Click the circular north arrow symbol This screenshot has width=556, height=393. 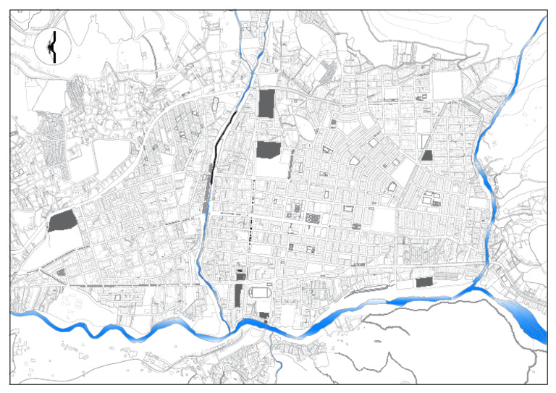[51, 48]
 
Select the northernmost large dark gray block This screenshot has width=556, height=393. [267, 103]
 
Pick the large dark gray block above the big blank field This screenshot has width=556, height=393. [268, 150]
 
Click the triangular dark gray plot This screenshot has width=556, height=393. [427, 155]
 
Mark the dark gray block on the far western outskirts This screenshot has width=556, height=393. [63, 221]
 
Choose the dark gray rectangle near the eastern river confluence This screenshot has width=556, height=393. [424, 282]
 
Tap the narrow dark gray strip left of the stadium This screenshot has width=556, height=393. [238, 295]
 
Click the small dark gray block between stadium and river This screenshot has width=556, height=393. [264, 316]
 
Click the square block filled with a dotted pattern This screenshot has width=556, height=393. [313, 218]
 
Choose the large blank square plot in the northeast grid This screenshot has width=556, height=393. [447, 85]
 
